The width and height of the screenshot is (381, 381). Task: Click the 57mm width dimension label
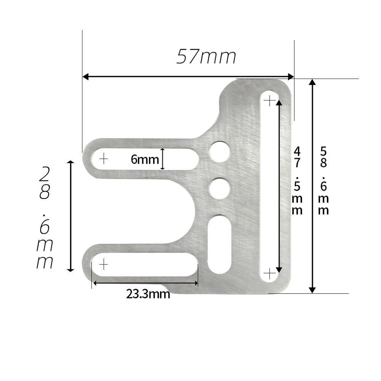tap(206, 56)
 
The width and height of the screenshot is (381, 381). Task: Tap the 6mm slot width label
tap(145, 159)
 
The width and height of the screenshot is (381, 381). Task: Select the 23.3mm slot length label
tap(148, 294)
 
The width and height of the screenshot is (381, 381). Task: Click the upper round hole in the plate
tap(220, 152)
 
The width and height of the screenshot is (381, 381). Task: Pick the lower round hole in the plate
tap(219, 189)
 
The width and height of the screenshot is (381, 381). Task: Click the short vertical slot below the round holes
tap(219, 244)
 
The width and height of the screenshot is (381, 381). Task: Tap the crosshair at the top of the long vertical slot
tap(269, 101)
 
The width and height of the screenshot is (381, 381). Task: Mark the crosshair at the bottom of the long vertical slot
tap(269, 274)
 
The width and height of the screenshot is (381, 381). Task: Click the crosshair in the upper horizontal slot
tap(104, 159)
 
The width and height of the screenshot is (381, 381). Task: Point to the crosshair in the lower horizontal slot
tap(104, 264)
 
